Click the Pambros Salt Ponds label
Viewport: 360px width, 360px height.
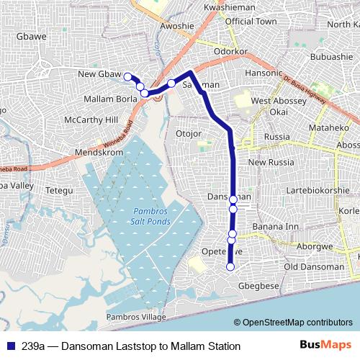152,215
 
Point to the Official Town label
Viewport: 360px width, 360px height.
251,22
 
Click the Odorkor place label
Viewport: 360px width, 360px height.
231,53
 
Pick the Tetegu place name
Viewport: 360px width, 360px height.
60,190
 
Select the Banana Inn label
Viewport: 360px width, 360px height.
271,227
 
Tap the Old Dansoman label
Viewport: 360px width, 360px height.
314,267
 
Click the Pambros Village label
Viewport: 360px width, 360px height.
135,318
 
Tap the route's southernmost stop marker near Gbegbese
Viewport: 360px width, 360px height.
230,267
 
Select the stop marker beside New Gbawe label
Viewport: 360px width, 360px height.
127,76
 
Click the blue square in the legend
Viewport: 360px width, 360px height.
11,346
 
